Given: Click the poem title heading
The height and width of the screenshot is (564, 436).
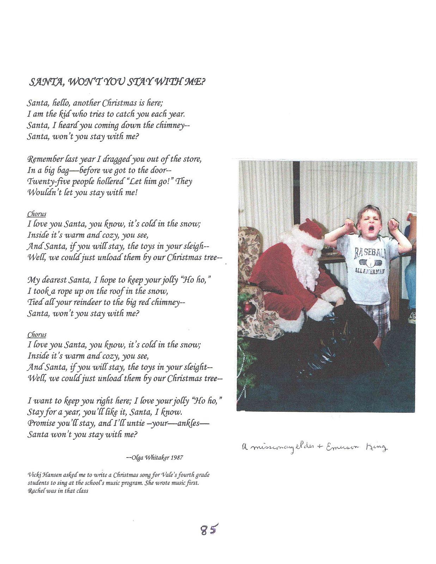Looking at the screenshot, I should coord(117,82).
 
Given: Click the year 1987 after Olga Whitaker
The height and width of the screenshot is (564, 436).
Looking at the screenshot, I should coord(177,458).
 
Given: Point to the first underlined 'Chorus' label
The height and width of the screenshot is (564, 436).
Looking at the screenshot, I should coord(37,214).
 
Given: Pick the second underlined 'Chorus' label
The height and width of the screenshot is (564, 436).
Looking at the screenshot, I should coord(37,335).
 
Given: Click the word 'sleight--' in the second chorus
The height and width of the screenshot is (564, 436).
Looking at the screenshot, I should coord(198,367).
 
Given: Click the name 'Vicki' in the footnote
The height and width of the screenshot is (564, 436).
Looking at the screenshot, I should coord(34,475).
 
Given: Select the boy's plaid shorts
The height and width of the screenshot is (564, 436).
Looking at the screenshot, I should coord(378,315).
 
